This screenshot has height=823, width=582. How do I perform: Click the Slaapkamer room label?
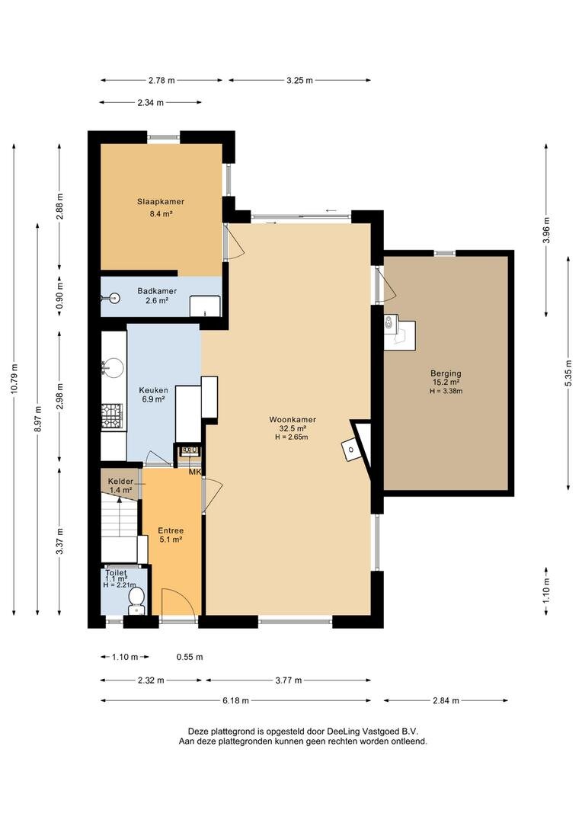click(x=161, y=201)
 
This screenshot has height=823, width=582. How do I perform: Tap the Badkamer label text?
click(x=157, y=291)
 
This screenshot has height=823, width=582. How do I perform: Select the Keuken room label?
click(x=153, y=390)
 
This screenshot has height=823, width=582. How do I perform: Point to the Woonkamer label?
click(x=293, y=419)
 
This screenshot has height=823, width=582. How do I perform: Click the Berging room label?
click(x=446, y=373)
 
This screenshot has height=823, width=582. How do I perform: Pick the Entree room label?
click(x=171, y=530)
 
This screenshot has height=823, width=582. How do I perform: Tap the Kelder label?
click(x=120, y=482)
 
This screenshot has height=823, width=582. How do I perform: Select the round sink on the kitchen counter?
click(x=114, y=367)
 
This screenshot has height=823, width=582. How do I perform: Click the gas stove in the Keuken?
click(x=112, y=415)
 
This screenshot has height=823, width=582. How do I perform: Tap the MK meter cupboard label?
click(x=195, y=472)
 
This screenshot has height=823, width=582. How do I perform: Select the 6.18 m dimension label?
click(x=235, y=700)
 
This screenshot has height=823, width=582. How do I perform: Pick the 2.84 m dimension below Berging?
click(x=446, y=700)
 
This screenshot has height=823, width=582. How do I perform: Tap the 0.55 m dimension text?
click(x=190, y=657)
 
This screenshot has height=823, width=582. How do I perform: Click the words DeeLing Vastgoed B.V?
click(x=372, y=731)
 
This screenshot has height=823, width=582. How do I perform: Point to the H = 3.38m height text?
click(x=446, y=391)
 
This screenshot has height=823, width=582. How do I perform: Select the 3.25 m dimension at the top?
click(x=299, y=80)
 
